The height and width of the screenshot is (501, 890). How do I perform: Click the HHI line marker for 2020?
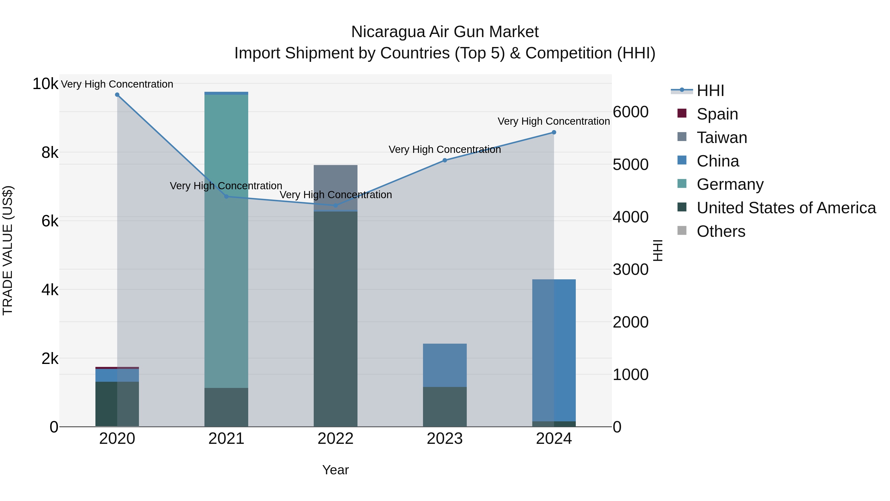(x=117, y=95)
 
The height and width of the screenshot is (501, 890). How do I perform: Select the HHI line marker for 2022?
(x=335, y=205)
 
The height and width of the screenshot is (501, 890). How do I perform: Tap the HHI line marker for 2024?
(x=554, y=132)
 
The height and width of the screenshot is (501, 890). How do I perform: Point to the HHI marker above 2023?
(x=445, y=160)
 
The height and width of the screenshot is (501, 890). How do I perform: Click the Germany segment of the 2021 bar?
(x=226, y=242)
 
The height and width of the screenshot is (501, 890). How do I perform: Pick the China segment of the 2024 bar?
(x=554, y=349)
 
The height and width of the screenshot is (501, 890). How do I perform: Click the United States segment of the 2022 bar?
(x=335, y=318)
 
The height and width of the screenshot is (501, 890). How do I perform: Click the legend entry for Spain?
(x=717, y=114)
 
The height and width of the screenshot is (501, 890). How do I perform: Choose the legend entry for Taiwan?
(x=722, y=138)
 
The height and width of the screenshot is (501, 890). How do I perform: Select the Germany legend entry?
(x=730, y=184)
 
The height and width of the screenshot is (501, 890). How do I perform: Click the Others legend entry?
(x=721, y=231)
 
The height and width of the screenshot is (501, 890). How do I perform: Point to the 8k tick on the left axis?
(x=50, y=152)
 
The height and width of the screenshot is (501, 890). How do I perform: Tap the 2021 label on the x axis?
(x=226, y=439)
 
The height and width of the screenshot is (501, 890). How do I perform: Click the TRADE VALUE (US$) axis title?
(x=8, y=250)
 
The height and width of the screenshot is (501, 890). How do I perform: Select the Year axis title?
(x=335, y=470)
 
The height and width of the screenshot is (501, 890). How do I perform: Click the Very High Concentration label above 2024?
(x=554, y=121)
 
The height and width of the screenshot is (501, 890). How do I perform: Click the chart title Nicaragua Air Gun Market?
(x=445, y=32)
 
